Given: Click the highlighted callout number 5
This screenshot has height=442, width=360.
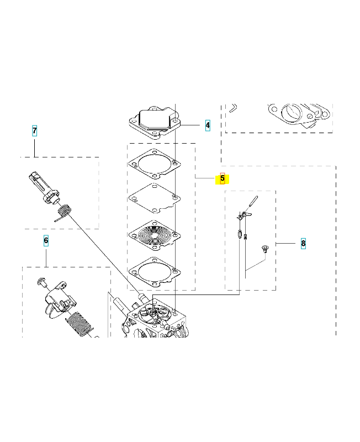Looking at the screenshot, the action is pos(223,178).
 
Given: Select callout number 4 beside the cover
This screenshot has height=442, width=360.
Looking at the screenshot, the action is pos(208,125).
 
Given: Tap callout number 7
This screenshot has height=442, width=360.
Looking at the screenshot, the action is pos(34,131).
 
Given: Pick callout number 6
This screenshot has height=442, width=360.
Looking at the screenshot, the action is pos(46,241).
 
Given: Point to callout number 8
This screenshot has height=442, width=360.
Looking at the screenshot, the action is pos(303,243).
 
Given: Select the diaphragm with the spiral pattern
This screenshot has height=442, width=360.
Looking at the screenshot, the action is pos(155,235).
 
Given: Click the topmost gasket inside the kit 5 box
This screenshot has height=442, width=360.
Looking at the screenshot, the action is pos(155,164).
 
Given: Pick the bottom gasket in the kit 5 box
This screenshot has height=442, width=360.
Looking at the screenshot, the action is pos(155,272).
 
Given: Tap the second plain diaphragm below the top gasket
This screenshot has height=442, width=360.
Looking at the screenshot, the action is pos(155,198).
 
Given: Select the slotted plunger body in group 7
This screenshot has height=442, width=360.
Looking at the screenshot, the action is pos(44,187).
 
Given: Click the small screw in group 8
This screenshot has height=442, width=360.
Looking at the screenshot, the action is pos(265,249).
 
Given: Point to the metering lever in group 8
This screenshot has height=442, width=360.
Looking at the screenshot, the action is pos(244,215).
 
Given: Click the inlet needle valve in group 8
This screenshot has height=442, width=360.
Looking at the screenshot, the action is pos(240,234).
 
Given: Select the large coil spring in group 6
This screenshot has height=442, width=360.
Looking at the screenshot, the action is pos(80,324).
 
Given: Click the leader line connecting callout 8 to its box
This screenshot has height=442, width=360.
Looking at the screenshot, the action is pos(285,243).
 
